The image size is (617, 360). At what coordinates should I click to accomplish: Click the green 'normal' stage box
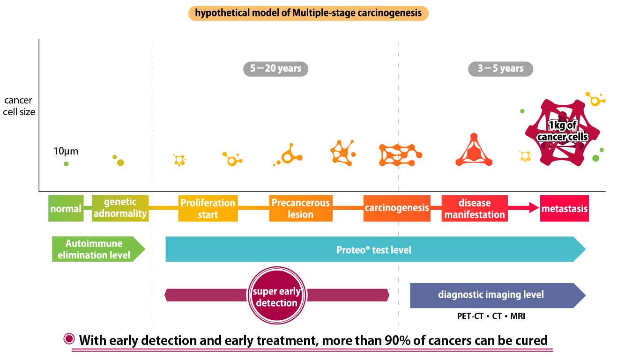pos(66,208)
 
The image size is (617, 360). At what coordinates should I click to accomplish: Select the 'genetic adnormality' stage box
pos(120,208)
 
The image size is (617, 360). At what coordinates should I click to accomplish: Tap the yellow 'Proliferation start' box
pos(208,208)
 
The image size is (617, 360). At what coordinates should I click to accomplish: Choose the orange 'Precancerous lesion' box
pos(301,208)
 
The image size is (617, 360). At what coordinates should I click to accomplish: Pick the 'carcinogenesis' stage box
pos(396,208)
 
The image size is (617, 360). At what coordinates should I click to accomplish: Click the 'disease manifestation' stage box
pos(475,208)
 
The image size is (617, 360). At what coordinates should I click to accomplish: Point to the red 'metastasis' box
pos(565,208)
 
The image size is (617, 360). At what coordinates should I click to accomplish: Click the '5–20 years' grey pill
pos(275,69)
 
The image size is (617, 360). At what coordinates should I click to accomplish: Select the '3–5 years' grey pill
pos(500,69)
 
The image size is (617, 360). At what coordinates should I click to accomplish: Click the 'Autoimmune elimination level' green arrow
pos(95,250)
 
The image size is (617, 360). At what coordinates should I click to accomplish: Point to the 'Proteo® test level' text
pos(374,250)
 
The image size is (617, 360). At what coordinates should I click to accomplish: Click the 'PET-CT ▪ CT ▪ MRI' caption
pos(491,316)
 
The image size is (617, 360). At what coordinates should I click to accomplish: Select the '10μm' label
pos(66,151)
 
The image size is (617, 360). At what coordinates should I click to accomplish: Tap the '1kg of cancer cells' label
pos(562,131)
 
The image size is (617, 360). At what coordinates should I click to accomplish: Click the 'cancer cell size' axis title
pos(19,106)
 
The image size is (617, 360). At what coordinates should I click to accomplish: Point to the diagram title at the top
pos(308,13)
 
